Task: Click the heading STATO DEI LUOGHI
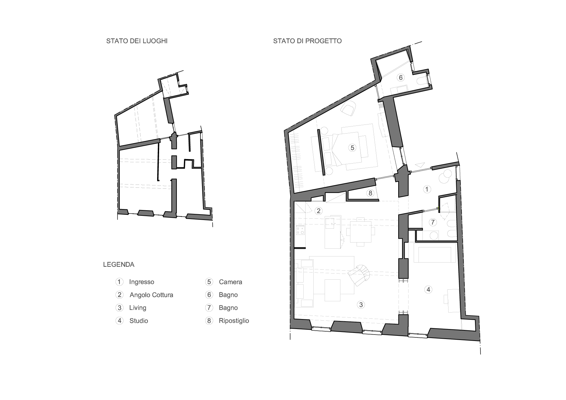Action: tap(137, 41)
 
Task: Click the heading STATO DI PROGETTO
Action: tap(307, 41)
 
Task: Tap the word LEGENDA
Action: tap(119, 265)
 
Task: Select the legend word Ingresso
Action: tap(142, 282)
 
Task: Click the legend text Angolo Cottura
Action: tap(151, 295)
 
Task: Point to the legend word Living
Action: tap(138, 308)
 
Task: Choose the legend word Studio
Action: tap(139, 321)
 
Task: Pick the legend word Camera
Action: tap(230, 282)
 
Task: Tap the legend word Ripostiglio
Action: tap(234, 321)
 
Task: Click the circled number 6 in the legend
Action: tap(209, 295)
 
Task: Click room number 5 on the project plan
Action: tap(352, 148)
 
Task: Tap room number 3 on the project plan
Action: tap(361, 305)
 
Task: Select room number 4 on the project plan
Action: tap(429, 290)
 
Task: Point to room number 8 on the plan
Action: tap(370, 193)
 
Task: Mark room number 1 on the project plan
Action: tap(427, 189)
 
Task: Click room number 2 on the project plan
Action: tap(318, 211)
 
